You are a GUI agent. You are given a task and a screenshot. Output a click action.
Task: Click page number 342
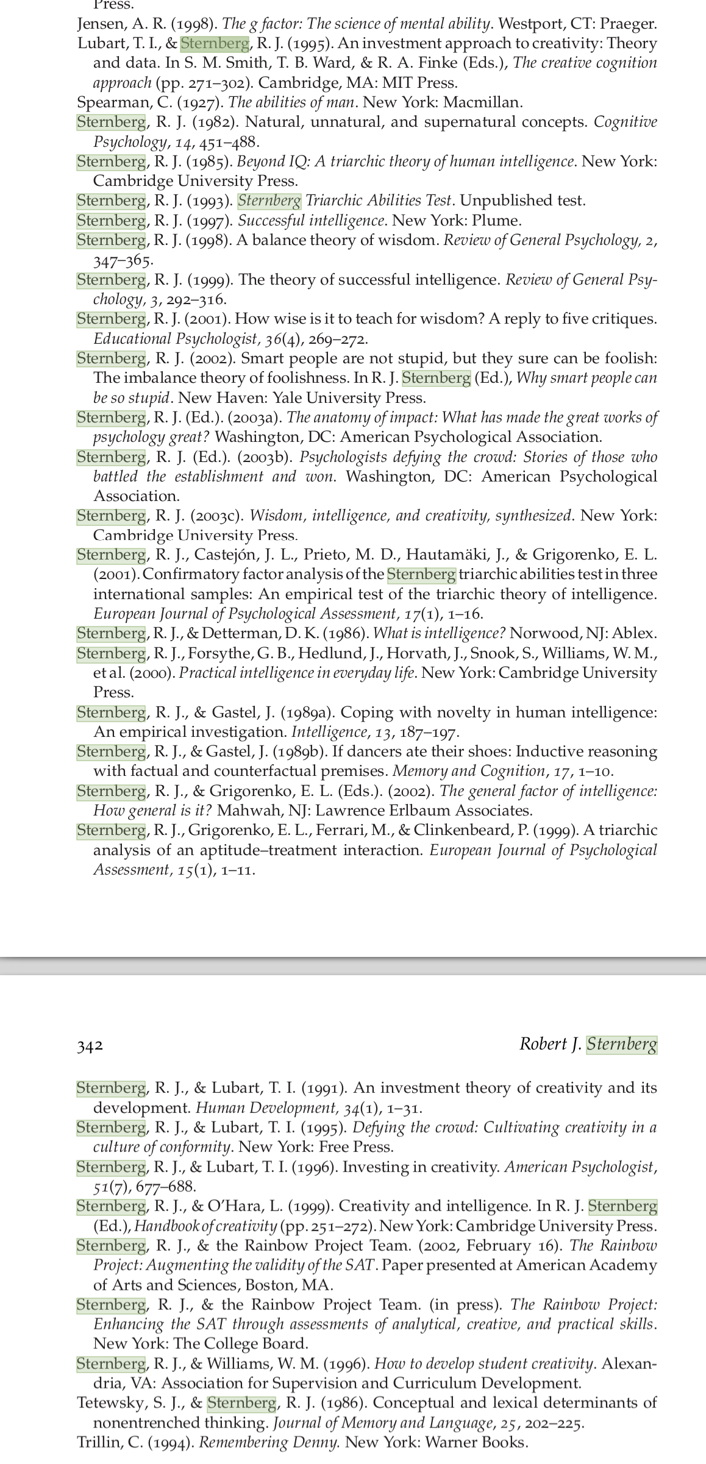[90, 1046]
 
